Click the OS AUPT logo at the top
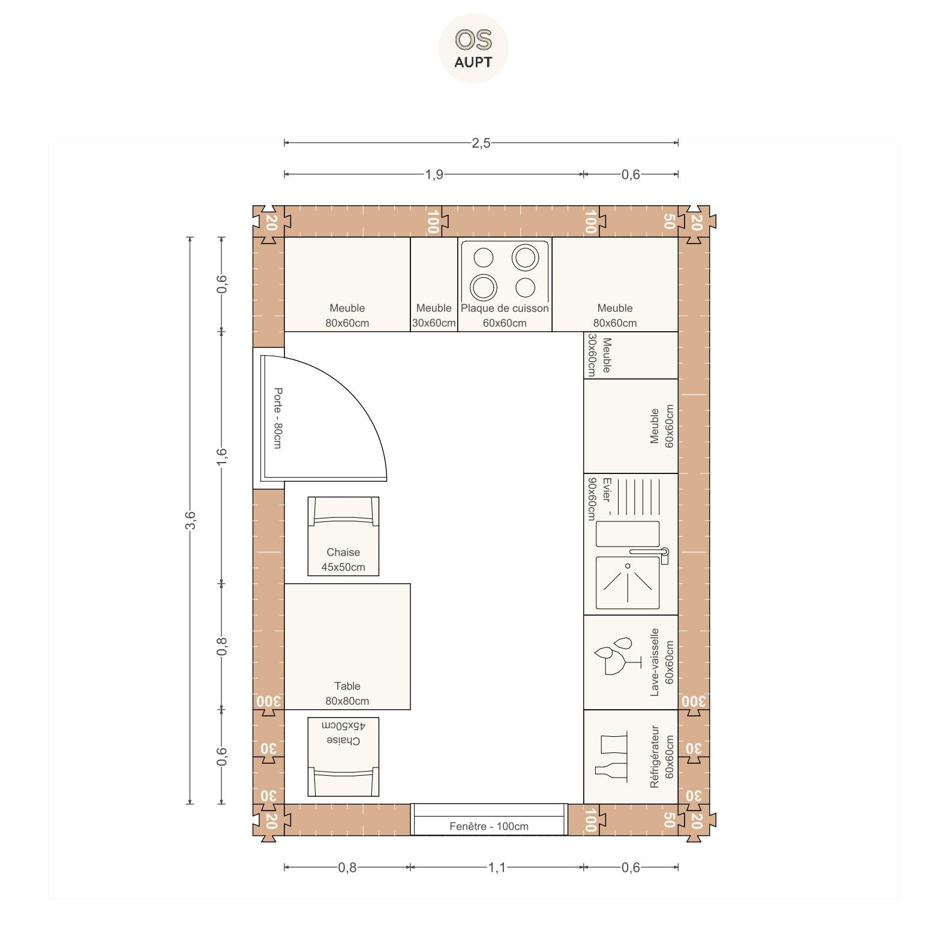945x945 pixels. tap(473, 48)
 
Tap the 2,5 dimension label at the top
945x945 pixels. tap(481, 143)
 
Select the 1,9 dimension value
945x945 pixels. tap(434, 174)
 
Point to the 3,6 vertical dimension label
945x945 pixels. tap(190, 520)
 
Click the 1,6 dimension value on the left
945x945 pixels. tap(222, 457)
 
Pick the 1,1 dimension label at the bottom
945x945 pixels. tap(497, 867)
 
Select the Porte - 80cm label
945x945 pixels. tap(278, 418)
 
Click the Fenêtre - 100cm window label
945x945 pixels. tap(489, 826)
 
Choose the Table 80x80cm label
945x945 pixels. tap(347, 694)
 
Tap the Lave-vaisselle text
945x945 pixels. tap(655, 662)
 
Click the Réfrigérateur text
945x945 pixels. tap(655, 757)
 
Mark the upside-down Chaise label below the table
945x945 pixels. tap(343, 733)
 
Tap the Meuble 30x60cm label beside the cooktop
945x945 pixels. tap(434, 316)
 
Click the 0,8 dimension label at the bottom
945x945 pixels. tap(347, 867)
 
